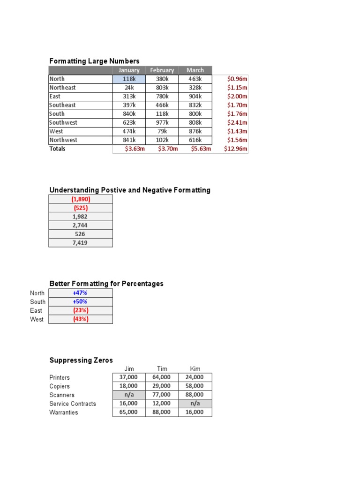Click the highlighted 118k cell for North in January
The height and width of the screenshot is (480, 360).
click(129, 79)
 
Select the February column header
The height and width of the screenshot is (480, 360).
click(162, 70)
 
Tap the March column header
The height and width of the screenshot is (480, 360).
click(195, 70)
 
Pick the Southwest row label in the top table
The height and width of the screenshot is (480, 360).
click(63, 122)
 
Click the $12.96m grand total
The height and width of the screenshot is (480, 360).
click(235, 149)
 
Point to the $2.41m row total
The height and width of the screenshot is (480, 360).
click(237, 122)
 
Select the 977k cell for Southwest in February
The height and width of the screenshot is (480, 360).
click(162, 122)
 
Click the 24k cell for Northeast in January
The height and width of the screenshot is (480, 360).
click(129, 88)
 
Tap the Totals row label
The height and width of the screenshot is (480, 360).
click(58, 149)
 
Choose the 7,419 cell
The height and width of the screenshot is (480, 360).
click(80, 243)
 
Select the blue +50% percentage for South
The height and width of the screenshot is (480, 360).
click(80, 301)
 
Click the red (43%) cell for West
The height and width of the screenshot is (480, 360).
click(80, 319)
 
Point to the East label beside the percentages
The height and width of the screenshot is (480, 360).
click(36, 310)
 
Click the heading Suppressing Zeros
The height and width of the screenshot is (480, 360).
click(81, 360)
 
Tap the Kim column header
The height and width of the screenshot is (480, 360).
click(195, 369)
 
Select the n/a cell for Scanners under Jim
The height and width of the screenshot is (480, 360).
click(129, 395)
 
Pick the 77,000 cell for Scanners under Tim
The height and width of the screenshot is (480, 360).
click(162, 395)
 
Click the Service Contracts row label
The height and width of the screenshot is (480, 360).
click(73, 404)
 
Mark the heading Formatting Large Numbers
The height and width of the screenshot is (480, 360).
click(94, 61)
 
